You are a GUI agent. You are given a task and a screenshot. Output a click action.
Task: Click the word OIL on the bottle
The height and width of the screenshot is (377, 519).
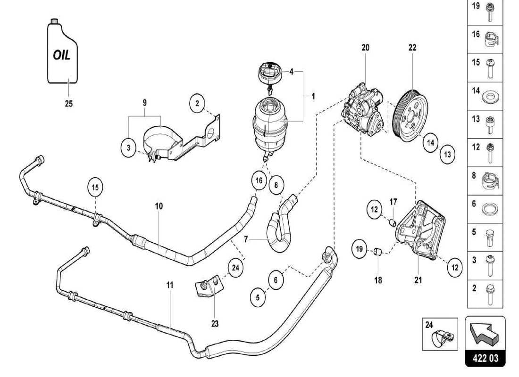click(61, 55)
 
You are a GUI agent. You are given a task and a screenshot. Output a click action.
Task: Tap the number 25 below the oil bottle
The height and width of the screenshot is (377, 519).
click(68, 104)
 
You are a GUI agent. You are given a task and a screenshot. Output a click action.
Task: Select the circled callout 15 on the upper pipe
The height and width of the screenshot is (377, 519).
click(95, 187)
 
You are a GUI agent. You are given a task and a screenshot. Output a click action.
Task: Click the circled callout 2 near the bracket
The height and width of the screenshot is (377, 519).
click(198, 102)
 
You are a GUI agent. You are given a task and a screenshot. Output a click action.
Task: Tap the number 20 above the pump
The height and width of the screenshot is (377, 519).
click(366, 48)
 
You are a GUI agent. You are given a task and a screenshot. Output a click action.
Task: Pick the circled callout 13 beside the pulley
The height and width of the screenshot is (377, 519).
click(447, 154)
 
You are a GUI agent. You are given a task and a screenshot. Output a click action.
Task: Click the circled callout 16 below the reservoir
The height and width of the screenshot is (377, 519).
click(259, 180)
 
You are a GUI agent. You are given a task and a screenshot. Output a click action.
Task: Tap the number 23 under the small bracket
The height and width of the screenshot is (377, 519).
click(215, 324)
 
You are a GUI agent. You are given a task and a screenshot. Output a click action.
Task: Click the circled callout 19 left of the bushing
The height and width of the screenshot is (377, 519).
click(358, 248)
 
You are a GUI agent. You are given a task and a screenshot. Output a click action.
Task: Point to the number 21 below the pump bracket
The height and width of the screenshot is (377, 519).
click(418, 280)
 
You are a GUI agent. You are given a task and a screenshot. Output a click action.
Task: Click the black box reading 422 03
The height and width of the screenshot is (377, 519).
click(486, 359)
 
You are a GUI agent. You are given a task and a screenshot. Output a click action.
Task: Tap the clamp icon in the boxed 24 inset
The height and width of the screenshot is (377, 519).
click(443, 336)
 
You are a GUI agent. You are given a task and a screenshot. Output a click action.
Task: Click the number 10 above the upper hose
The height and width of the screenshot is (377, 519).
click(159, 206)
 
